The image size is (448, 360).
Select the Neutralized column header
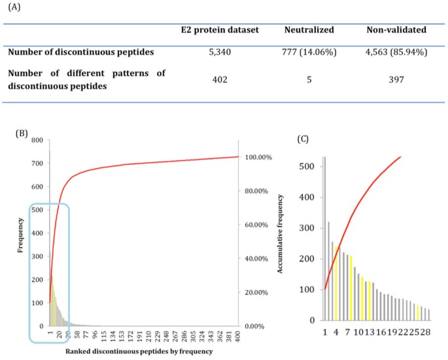(309, 31)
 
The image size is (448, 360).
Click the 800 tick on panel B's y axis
(37, 141)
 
